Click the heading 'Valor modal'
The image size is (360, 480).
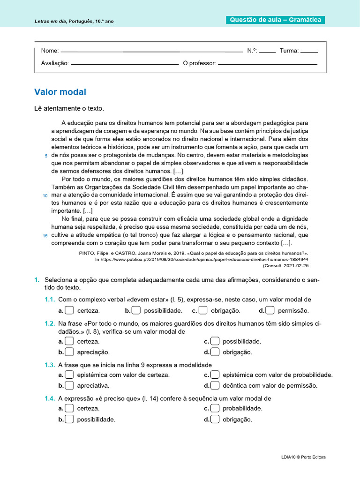coord(60,92)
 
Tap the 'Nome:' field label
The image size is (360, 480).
coord(50,51)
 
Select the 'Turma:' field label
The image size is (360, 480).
coord(289,51)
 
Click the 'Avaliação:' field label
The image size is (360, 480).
coord(55,63)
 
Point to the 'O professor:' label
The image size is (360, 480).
coord(199,63)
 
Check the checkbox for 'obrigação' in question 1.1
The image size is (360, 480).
coord(203,310)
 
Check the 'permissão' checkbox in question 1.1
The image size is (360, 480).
coord(270,310)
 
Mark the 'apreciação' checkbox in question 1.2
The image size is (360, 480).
coord(69,352)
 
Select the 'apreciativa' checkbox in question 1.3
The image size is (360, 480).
coord(69,385)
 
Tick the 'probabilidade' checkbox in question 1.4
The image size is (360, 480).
coord(215,408)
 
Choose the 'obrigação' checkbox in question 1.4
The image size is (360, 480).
coord(215,419)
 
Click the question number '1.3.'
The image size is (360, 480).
coord(50,365)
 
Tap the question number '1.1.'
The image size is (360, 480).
coord(50,300)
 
